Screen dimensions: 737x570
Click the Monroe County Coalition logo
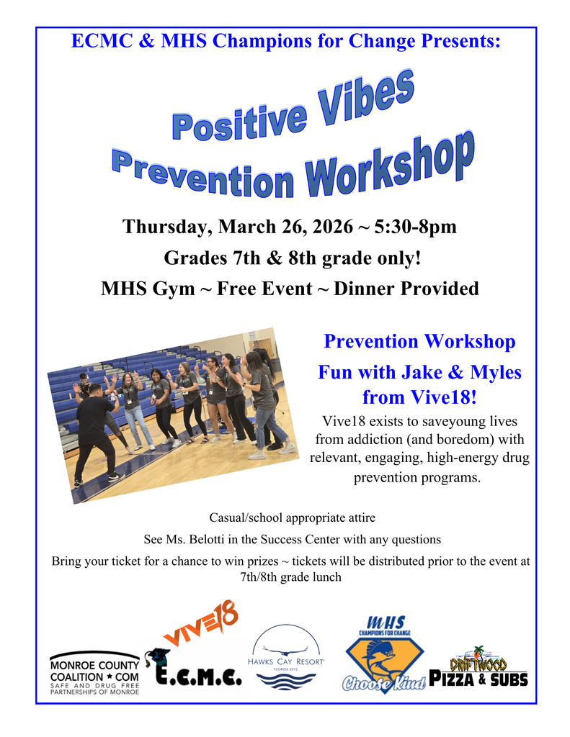pyautogui.click(x=94, y=672)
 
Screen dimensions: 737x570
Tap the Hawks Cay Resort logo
pyautogui.click(x=285, y=656)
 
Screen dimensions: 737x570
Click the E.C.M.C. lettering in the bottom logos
pyautogui.click(x=200, y=674)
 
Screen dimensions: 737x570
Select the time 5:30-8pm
pyautogui.click(x=415, y=227)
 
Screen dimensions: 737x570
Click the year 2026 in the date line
pyautogui.click(x=327, y=227)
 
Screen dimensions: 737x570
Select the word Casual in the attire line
pyautogui.click(x=229, y=517)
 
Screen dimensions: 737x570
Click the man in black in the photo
pyautogui.click(x=94, y=432)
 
